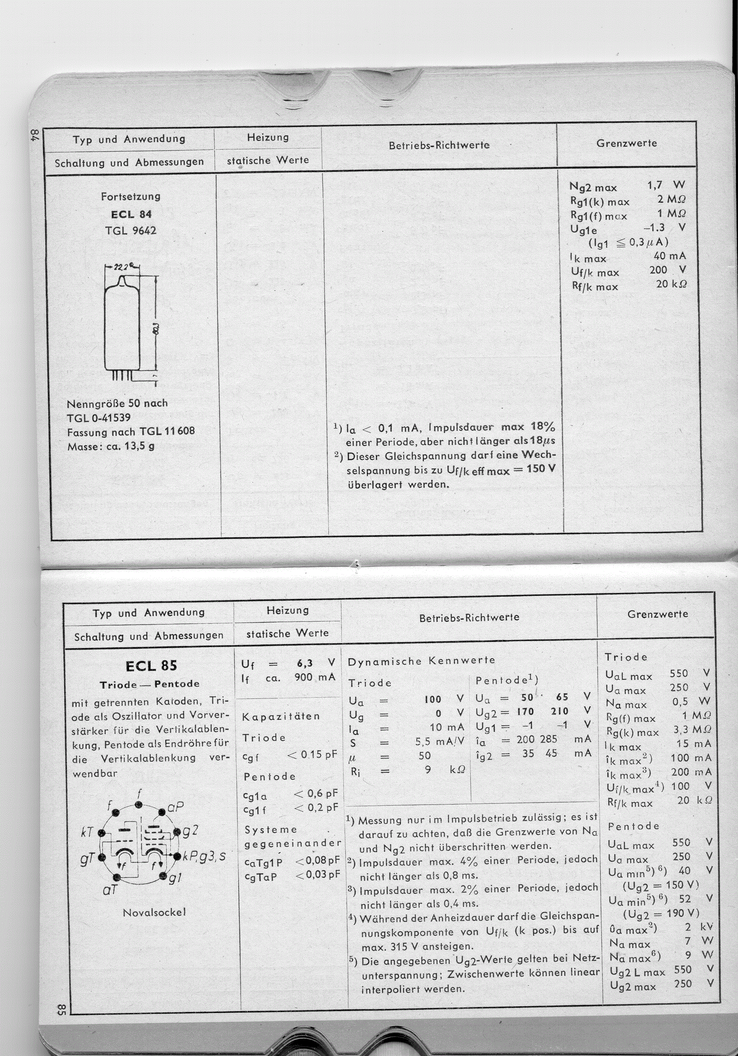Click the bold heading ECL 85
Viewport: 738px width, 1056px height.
click(151, 665)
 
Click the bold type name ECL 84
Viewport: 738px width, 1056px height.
click(131, 214)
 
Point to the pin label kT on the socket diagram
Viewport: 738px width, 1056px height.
click(87, 832)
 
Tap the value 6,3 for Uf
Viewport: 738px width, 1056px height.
click(304, 663)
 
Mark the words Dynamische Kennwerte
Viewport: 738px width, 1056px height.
click(421, 661)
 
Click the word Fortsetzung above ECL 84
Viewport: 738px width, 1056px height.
click(131, 196)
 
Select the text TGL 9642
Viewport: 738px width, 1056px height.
click(131, 230)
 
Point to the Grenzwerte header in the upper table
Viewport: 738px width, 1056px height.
click(626, 143)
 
